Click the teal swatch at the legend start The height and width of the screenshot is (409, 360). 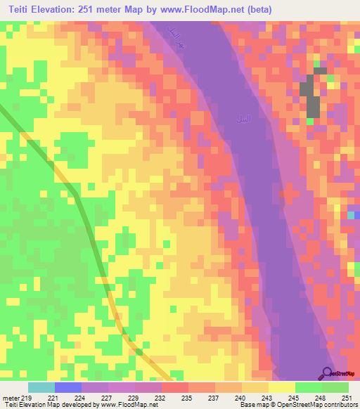click(x=41, y=387)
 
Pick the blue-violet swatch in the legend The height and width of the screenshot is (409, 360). click(x=68, y=387)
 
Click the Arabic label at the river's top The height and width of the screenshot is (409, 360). click(x=174, y=34)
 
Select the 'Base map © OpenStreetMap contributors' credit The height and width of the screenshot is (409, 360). click(x=298, y=405)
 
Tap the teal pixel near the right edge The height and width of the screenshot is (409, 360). click(x=351, y=215)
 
